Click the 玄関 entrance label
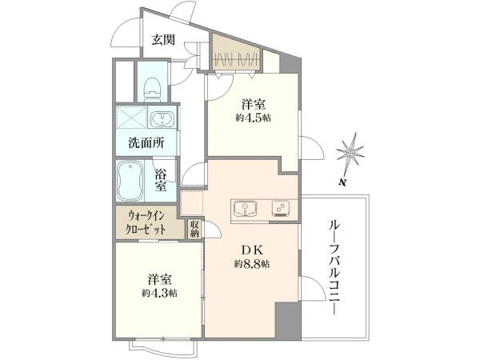click(163, 40)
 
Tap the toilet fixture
click(152, 90)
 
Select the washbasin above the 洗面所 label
click(162, 118)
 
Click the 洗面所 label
click(146, 143)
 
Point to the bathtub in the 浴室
click(130, 180)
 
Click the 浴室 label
click(161, 179)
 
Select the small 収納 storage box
click(194, 230)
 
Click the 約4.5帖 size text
click(253, 118)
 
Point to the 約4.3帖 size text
click(159, 294)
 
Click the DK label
click(253, 250)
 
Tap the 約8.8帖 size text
click(252, 264)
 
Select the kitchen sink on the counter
click(246, 208)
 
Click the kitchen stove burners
click(281, 208)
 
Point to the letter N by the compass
click(342, 183)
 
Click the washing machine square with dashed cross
click(132, 117)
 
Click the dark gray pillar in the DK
click(287, 320)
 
